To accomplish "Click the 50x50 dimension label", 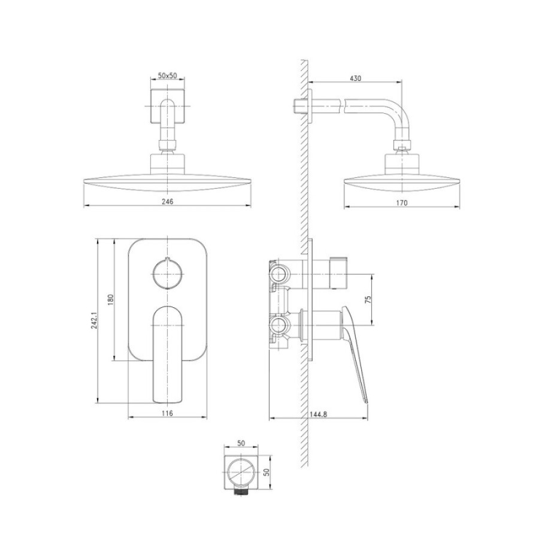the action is pyautogui.click(x=167, y=75).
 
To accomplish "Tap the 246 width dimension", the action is pyautogui.click(x=168, y=202).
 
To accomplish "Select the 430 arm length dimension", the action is pyautogui.click(x=355, y=78).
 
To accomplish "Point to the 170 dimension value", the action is pyautogui.click(x=401, y=202).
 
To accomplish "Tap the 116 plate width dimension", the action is pyautogui.click(x=168, y=413).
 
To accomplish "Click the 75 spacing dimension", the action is pyautogui.click(x=368, y=299).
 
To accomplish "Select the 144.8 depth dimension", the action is pyautogui.click(x=319, y=414).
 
